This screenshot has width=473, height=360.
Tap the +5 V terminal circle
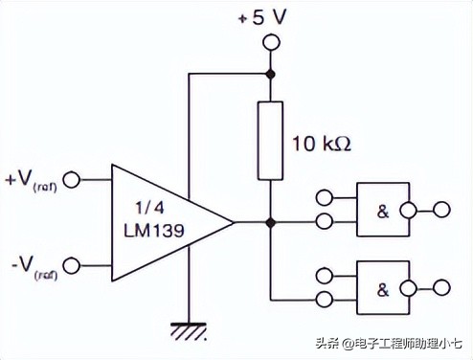point(271,42)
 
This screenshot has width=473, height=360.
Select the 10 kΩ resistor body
point(271,143)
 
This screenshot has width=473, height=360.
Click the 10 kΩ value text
point(320,145)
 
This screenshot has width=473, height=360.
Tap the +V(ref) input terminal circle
point(70,178)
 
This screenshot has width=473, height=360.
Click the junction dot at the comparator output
point(271,222)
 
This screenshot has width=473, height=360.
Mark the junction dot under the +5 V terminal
point(271,73)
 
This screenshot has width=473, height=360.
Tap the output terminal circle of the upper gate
point(441,209)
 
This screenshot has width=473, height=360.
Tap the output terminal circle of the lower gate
point(441,285)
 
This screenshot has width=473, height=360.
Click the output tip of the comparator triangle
point(235,222)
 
